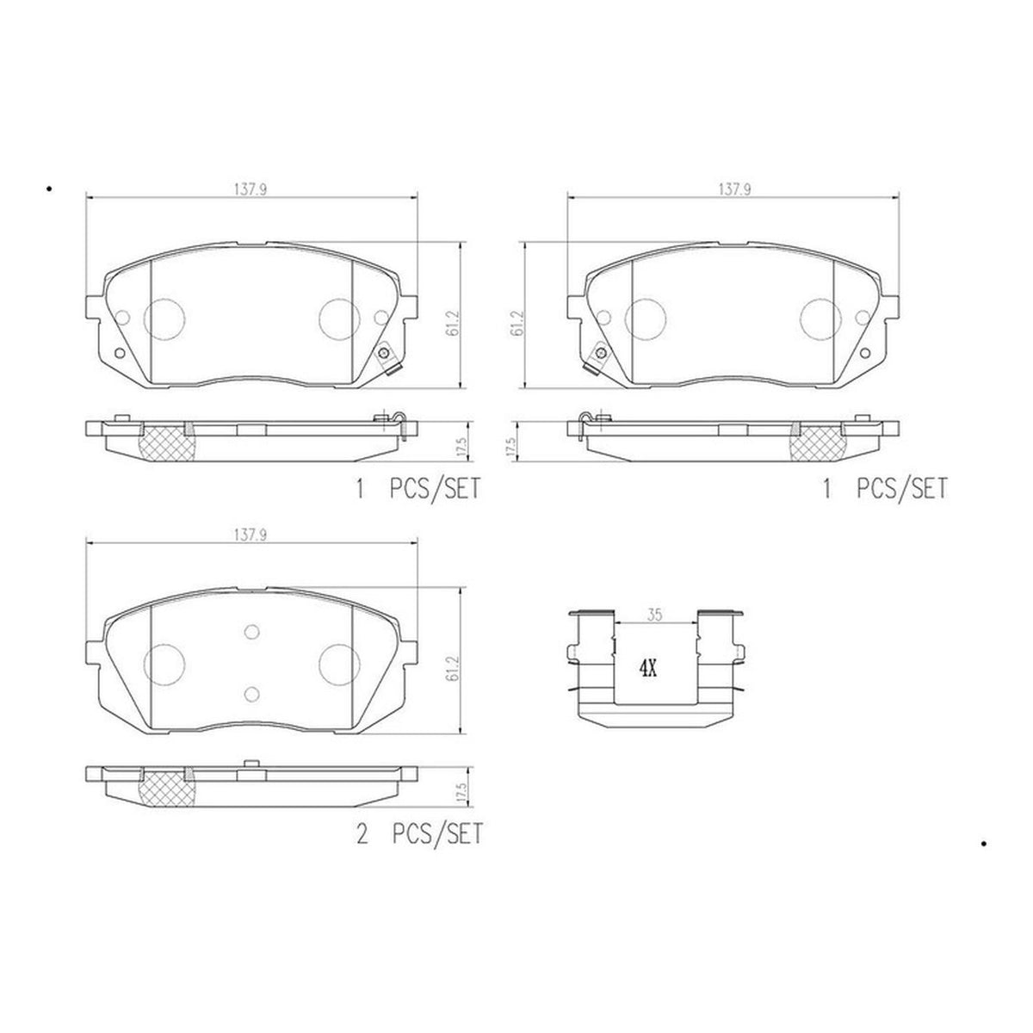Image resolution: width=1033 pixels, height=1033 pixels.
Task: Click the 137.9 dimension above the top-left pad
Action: [x=250, y=189]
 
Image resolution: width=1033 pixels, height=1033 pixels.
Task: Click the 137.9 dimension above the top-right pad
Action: [x=734, y=189]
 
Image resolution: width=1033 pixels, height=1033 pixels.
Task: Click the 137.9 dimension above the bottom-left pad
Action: [x=250, y=535]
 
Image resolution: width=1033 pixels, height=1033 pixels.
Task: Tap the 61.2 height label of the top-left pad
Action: [x=453, y=323]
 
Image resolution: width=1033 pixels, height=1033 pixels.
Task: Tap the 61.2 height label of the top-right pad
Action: [x=518, y=323]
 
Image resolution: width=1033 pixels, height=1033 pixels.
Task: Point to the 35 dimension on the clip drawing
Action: [x=654, y=615]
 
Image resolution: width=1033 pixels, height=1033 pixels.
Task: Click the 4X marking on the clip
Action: [x=647, y=669]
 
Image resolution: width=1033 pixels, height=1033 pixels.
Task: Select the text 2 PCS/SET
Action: [x=420, y=835]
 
